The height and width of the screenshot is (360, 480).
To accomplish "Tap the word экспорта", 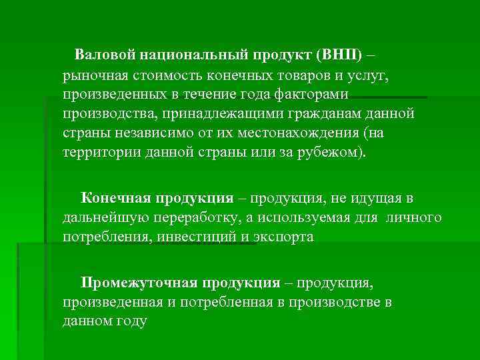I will coord(285,237).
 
